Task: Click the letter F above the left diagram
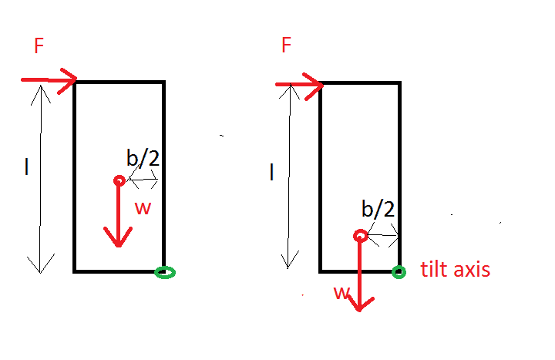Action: (x=39, y=46)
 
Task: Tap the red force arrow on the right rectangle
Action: (x=298, y=84)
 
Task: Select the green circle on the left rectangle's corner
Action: (x=164, y=272)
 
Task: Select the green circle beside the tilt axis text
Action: (x=399, y=271)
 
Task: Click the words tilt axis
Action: (x=456, y=270)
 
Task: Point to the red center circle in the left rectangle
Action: (x=119, y=180)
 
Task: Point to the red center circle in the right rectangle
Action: (x=360, y=236)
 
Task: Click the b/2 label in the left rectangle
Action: (x=143, y=158)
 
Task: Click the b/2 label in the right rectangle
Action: (x=378, y=210)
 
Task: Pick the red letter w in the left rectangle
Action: (x=143, y=207)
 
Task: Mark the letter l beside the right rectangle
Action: (x=271, y=173)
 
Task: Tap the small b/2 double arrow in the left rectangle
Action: (x=143, y=180)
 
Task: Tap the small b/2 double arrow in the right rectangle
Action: (x=383, y=234)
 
